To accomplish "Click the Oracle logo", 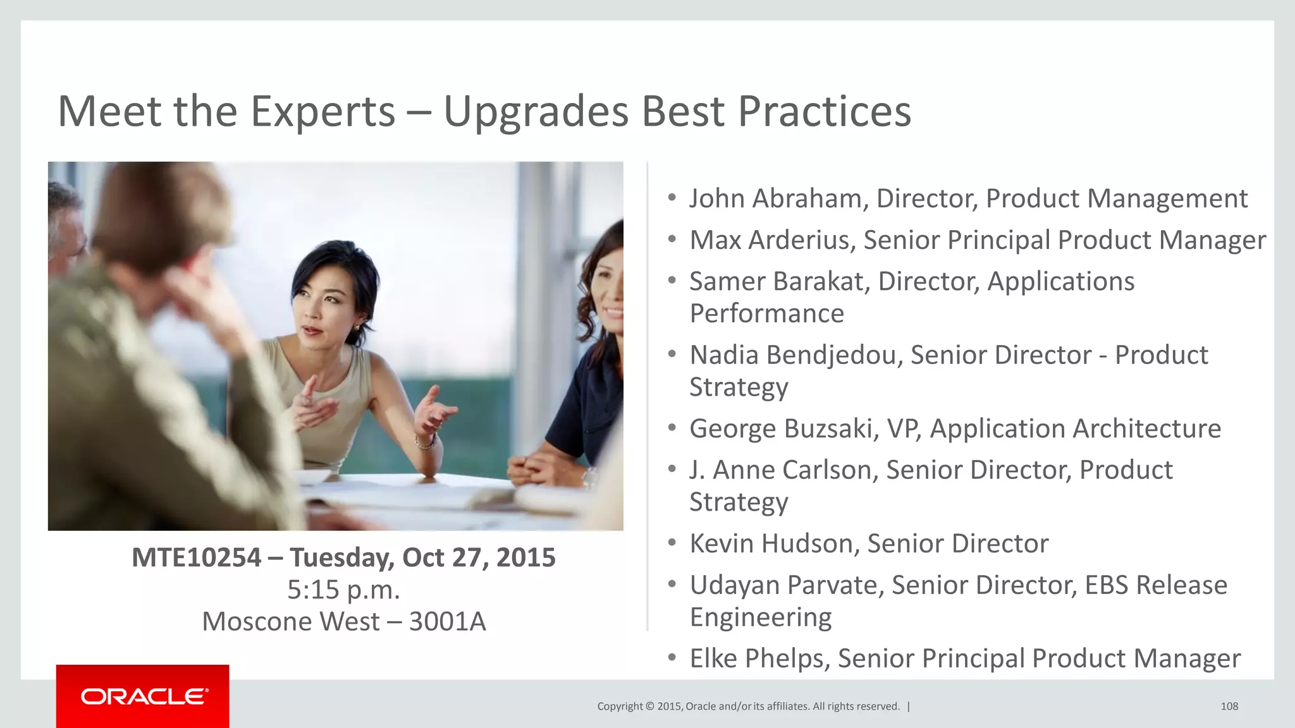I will tap(144, 696).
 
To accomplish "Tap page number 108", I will tap(1229, 707).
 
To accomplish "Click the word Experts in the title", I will tap(322, 112).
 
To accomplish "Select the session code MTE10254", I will tap(196, 557).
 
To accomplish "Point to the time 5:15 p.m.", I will tap(343, 590).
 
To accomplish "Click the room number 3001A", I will tap(447, 622).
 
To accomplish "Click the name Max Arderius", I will tap(771, 240).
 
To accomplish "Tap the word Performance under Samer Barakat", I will tap(766, 314).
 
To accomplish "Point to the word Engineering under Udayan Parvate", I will tap(760, 617).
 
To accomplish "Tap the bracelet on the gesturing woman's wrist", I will tap(426, 440).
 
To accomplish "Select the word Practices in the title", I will tap(824, 112).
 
